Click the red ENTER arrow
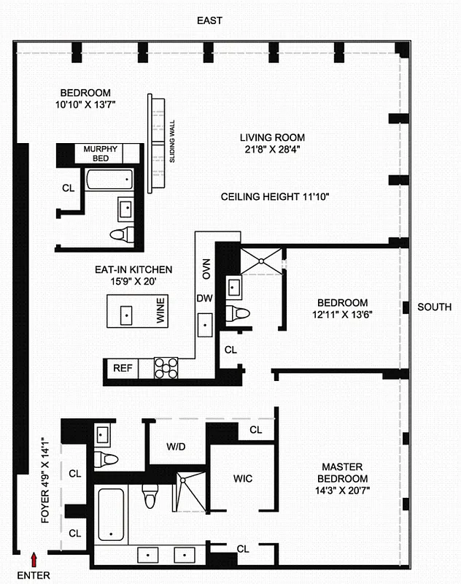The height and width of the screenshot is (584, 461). pos(33,559)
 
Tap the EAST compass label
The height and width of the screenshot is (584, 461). pos(209,21)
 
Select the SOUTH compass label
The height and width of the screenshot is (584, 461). pos(434,307)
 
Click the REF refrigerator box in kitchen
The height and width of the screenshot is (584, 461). pos(122,369)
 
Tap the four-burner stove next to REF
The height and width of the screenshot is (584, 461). pos(166,367)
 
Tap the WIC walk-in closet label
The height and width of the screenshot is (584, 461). pos(243,479)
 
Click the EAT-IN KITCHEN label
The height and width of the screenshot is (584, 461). pos(133,269)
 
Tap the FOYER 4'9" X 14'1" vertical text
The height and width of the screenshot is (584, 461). pos(44,481)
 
